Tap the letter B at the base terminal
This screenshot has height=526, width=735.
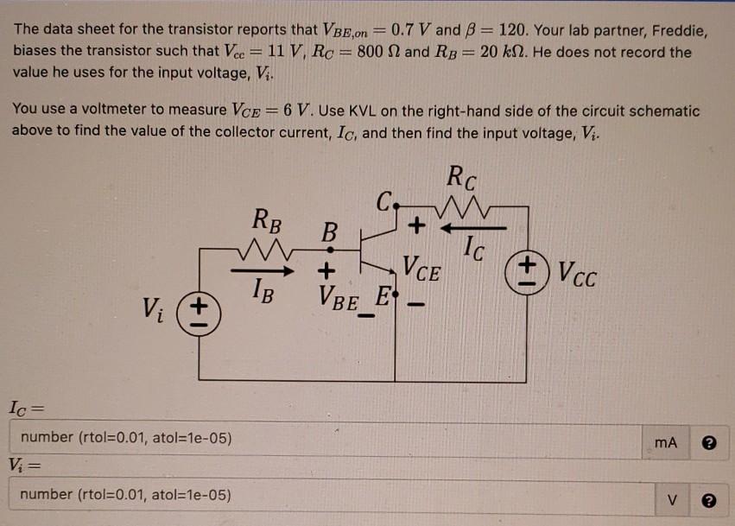point(329,232)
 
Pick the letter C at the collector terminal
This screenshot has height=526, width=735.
point(383,204)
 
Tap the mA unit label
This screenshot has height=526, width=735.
point(666,443)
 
